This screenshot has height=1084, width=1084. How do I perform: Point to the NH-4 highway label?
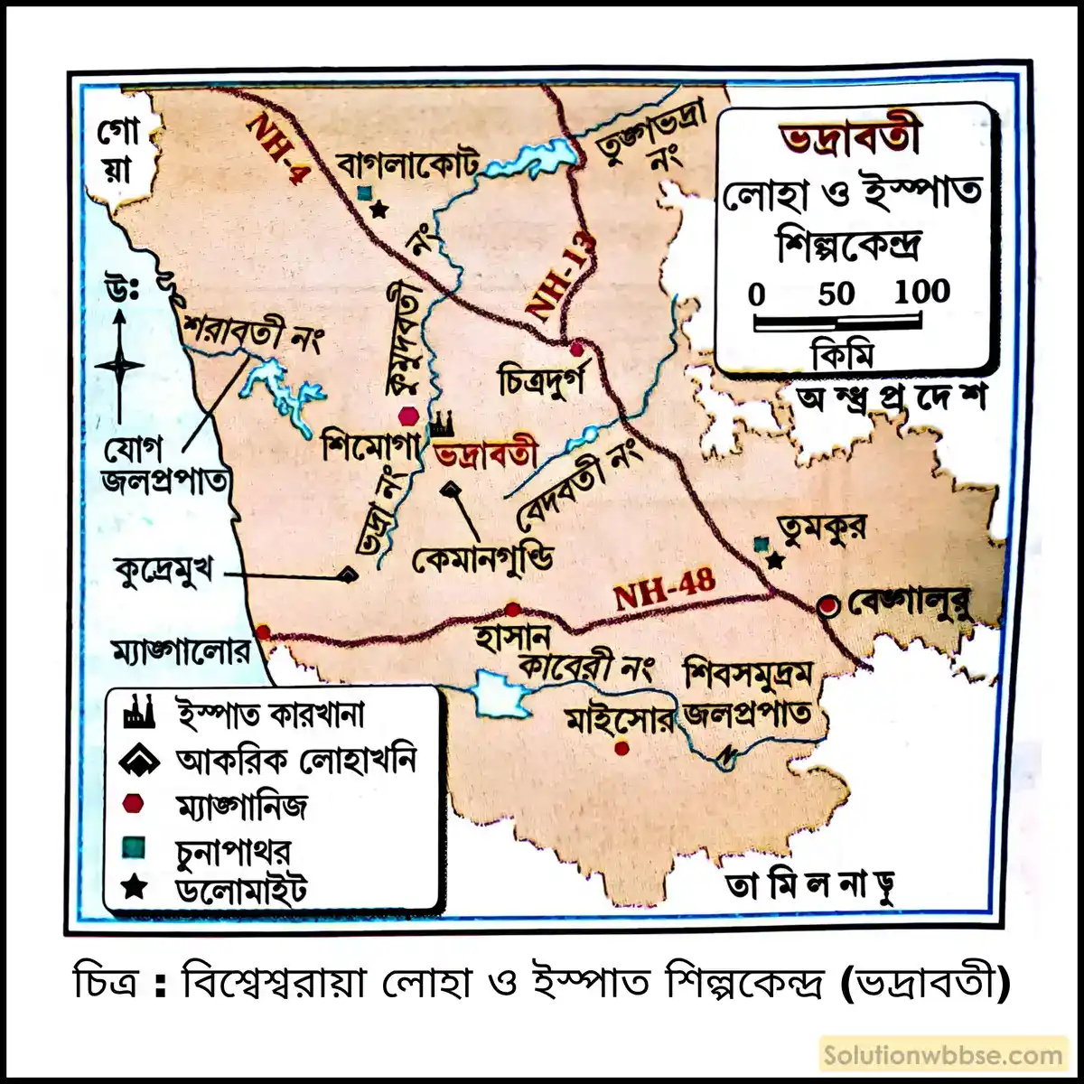tap(277, 148)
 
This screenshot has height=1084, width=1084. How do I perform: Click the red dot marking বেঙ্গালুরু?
tap(827, 606)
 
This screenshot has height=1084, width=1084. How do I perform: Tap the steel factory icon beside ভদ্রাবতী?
tap(442, 423)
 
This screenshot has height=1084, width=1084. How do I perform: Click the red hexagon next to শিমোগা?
tap(409, 415)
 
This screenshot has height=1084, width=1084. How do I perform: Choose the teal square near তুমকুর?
tap(762, 544)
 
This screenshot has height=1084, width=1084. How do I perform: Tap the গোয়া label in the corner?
tap(118, 151)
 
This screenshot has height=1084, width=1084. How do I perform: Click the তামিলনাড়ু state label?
tap(810, 886)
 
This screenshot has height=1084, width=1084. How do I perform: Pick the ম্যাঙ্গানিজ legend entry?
tap(241, 804)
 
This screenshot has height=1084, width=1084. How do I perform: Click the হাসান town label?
tap(512, 639)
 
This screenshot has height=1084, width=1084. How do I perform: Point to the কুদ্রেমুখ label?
tap(164, 571)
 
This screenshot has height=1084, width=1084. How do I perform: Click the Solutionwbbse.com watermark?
tap(943, 1055)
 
